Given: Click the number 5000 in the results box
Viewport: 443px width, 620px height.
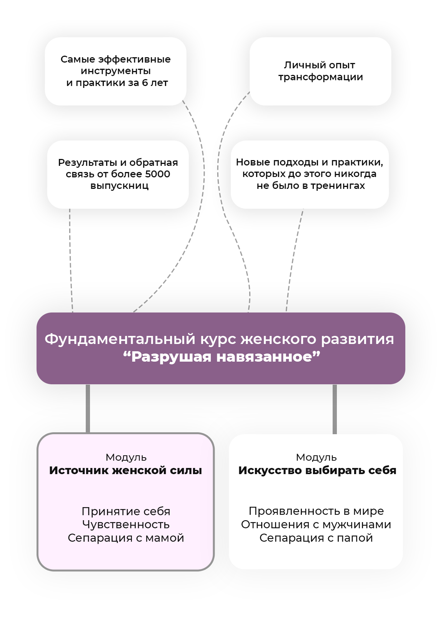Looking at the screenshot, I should pyautogui.click(x=157, y=174).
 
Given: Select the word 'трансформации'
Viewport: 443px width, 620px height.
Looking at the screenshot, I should pyautogui.click(x=320, y=77).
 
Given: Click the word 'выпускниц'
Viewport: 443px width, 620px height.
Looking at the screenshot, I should pyautogui.click(x=119, y=186).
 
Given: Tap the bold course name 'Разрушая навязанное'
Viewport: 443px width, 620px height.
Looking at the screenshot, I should pyautogui.click(x=221, y=357).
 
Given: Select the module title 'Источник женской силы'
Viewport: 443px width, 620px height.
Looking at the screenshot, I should pyautogui.click(x=125, y=470).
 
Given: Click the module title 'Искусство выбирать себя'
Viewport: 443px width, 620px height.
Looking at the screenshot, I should pyautogui.click(x=317, y=470).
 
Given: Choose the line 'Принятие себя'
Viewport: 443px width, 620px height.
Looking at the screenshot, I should pyautogui.click(x=126, y=511).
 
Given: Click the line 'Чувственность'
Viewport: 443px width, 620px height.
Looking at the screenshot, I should pyautogui.click(x=126, y=524).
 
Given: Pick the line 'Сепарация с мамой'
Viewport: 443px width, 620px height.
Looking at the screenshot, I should pyautogui.click(x=126, y=538).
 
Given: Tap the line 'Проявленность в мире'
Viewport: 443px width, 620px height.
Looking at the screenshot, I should pyautogui.click(x=316, y=511).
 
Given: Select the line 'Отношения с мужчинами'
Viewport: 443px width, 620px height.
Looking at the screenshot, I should pyautogui.click(x=316, y=524).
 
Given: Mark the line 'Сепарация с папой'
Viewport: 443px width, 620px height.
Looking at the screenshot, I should pyautogui.click(x=316, y=538).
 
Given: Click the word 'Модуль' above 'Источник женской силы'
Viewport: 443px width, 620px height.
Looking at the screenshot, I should pyautogui.click(x=126, y=457).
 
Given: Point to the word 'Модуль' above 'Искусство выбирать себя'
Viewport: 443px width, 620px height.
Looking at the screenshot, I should pyautogui.click(x=316, y=457).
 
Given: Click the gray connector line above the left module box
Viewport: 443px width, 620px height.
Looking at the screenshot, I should pyautogui.click(x=88, y=408).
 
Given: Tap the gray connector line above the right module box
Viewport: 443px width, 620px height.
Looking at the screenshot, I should pyautogui.click(x=335, y=408).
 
